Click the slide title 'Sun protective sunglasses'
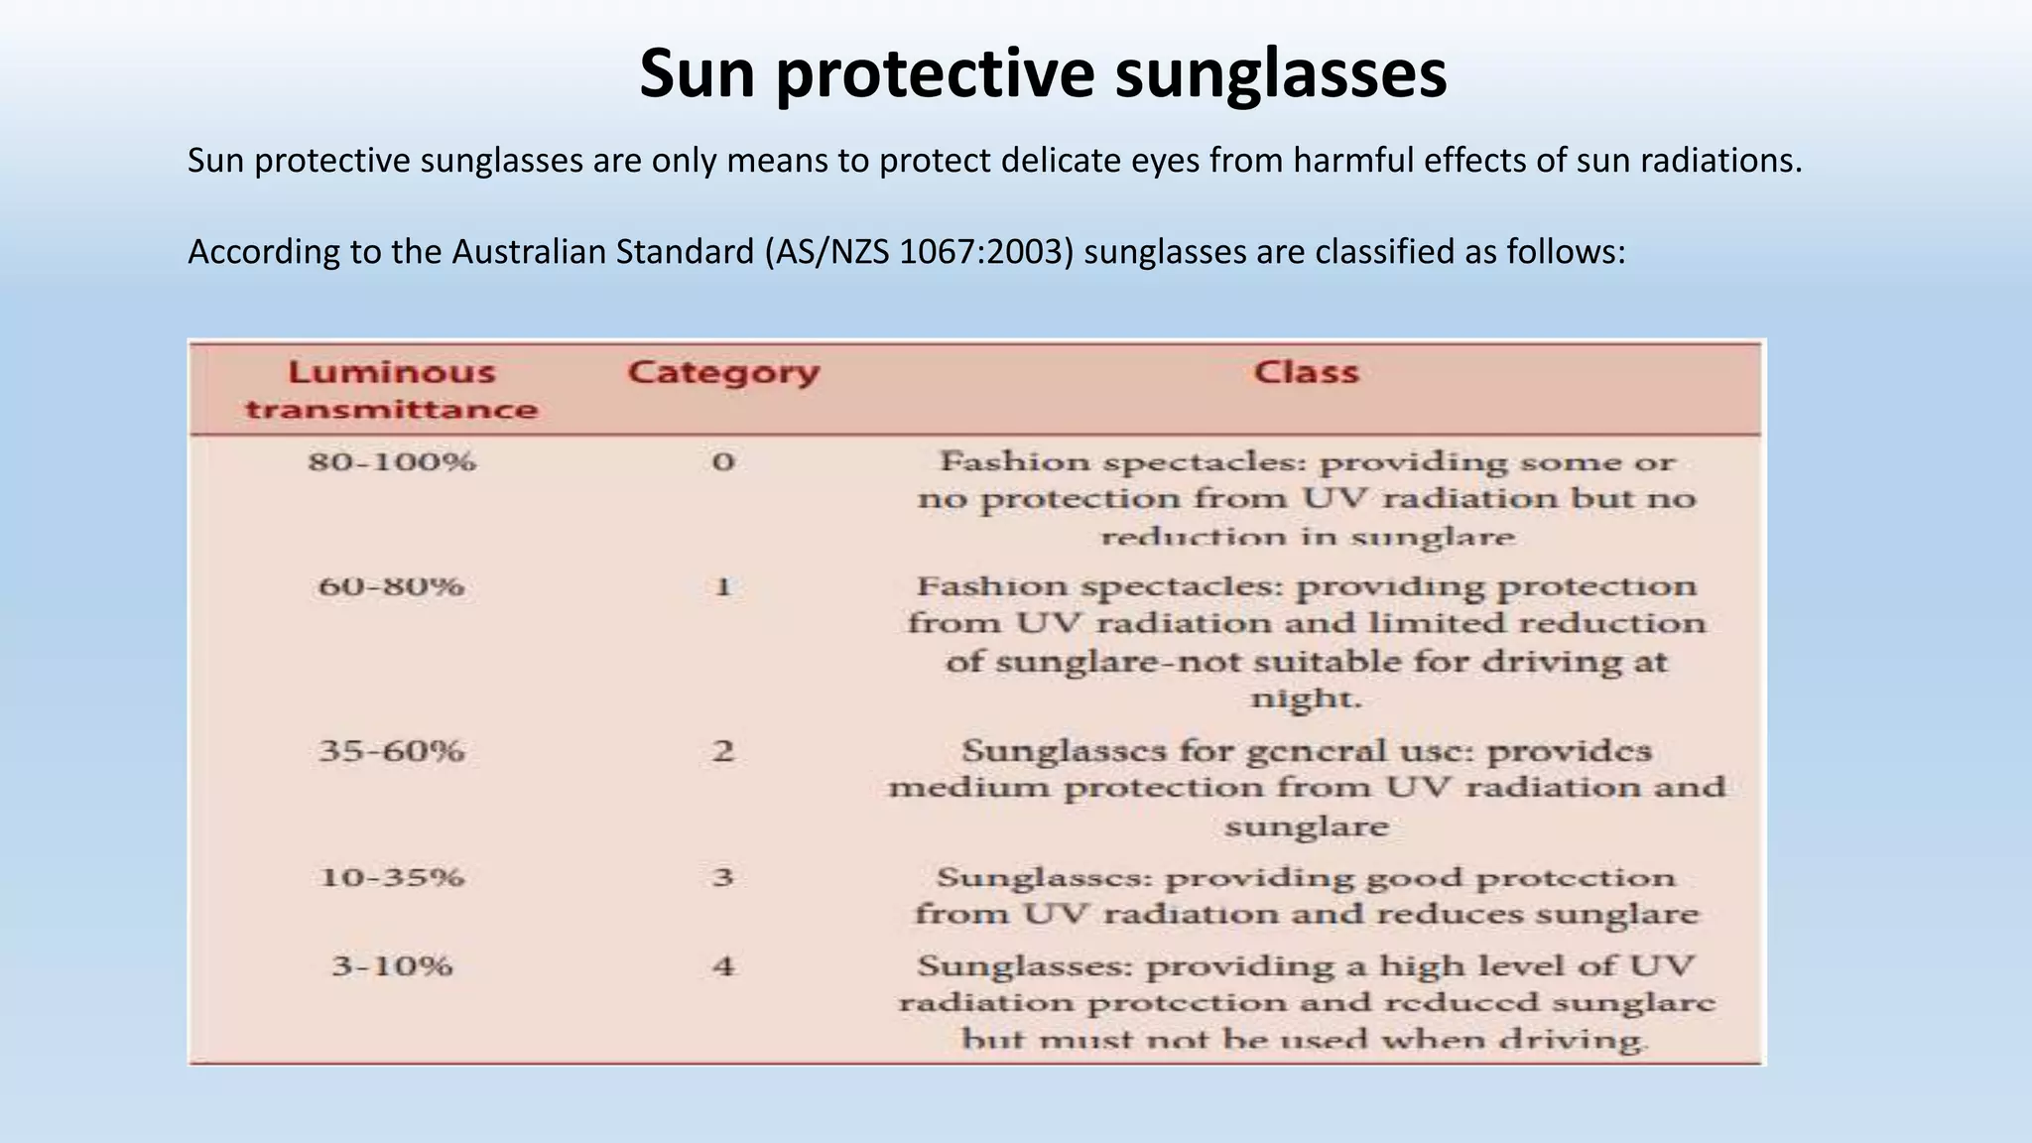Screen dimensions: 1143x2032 [x=1043, y=73]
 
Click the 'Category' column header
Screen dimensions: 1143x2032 [x=723, y=373]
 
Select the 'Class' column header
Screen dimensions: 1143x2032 [x=1306, y=373]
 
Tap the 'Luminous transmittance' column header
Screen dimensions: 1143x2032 [x=391, y=390]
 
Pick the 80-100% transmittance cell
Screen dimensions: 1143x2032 [x=391, y=462]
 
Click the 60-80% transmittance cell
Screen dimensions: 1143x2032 [x=391, y=586]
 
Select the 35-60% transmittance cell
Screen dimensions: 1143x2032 [x=391, y=751]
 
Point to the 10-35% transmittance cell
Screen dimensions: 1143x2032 [x=391, y=877]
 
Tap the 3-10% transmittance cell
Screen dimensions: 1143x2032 [x=391, y=965]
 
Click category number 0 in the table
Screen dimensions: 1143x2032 [x=723, y=462]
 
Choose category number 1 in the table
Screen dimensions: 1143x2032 [x=723, y=586]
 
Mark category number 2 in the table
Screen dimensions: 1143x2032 [x=723, y=751]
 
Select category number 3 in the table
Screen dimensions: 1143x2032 [x=723, y=877]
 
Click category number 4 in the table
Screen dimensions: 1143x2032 [x=723, y=965]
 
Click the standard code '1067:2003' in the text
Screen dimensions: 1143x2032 [x=986, y=252]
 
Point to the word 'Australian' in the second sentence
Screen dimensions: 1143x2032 [x=533, y=252]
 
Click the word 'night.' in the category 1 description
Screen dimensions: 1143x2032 [x=1306, y=698]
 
